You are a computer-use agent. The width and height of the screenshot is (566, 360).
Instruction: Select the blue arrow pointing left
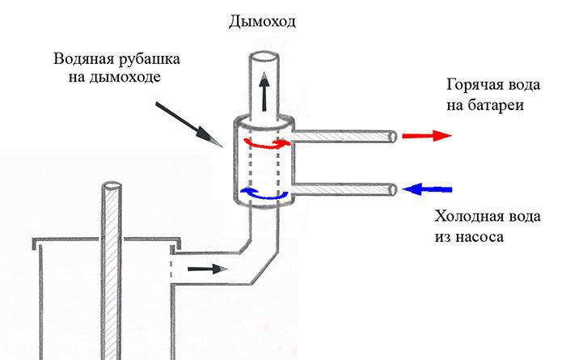[427, 189]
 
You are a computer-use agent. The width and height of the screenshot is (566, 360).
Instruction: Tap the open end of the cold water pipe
[393, 189]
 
